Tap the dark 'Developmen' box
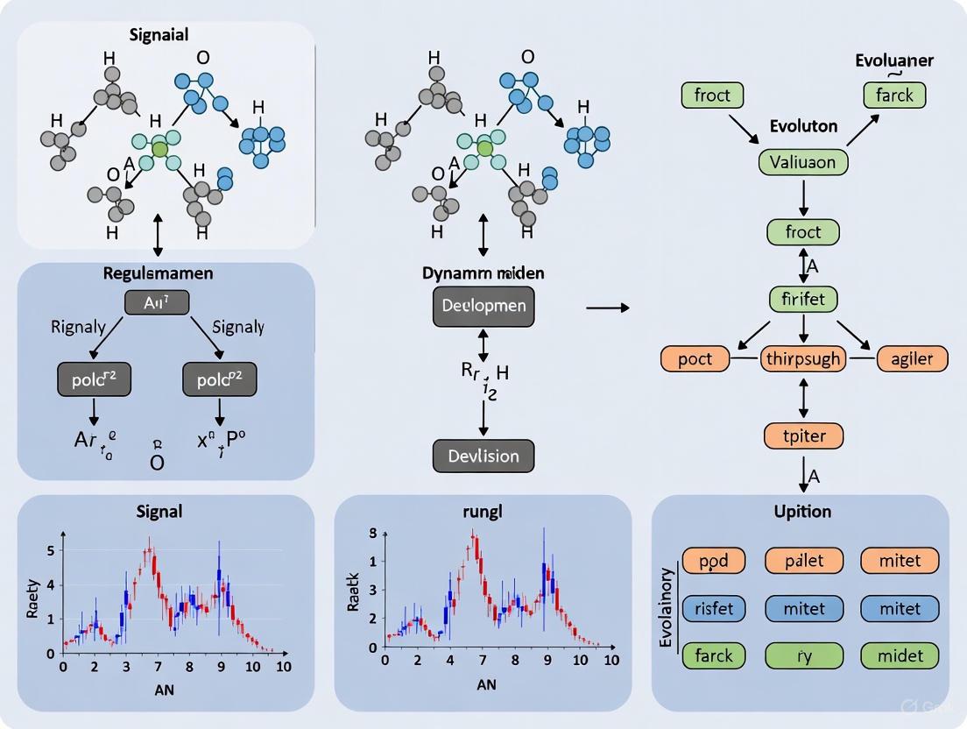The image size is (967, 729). pos(483,307)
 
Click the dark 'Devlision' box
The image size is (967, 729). pos(483,456)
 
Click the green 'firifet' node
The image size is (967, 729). pos(802,299)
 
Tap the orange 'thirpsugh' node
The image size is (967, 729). pos(803,358)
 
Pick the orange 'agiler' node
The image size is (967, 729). pos(912,358)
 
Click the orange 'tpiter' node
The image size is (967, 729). pos(803,435)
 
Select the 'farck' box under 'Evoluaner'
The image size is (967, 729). pos(894,95)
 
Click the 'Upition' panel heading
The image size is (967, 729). pos(802,510)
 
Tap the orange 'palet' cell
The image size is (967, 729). pos(804,560)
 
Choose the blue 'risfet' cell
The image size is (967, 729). pos(707,607)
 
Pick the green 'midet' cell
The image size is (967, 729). pos(900,655)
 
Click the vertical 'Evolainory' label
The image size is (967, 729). pos(667,607)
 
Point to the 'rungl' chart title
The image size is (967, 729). pos(483,512)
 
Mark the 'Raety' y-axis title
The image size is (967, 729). pos(34,598)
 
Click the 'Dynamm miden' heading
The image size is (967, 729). pos(483,272)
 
